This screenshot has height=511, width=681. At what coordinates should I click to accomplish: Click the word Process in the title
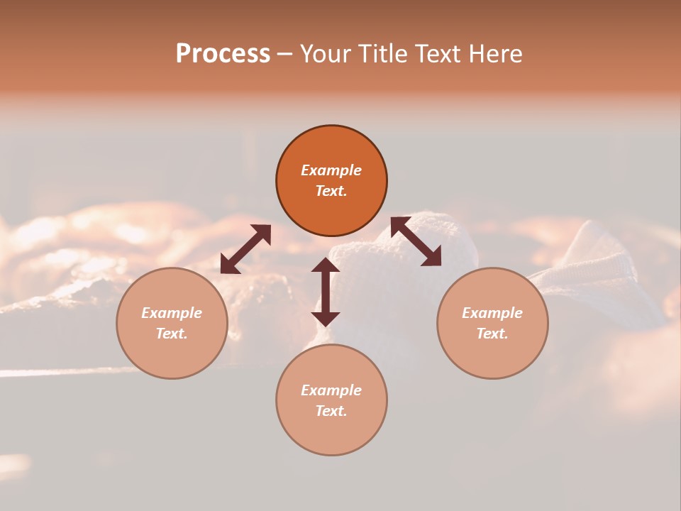(x=223, y=54)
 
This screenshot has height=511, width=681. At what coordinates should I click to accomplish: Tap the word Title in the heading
(x=386, y=54)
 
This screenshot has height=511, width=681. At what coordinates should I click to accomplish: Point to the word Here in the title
(x=494, y=54)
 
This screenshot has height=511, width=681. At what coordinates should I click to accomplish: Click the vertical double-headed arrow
(x=326, y=292)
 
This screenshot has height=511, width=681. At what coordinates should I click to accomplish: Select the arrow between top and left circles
(x=245, y=248)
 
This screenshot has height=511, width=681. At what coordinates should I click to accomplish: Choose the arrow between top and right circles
(x=416, y=241)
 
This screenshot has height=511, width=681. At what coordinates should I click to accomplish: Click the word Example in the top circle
(x=331, y=170)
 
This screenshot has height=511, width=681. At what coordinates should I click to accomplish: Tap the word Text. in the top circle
(x=331, y=191)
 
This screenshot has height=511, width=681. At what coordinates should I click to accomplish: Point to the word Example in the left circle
(x=172, y=313)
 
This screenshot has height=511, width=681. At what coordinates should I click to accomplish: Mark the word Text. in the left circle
(x=172, y=334)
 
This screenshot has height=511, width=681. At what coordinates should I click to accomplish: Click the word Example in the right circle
(x=492, y=313)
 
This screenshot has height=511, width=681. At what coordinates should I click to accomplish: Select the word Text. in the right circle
(x=492, y=334)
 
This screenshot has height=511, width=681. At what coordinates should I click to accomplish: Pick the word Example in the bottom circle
(x=331, y=390)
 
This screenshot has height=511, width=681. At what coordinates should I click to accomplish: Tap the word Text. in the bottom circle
(x=331, y=411)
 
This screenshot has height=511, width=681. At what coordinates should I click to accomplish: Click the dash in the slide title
(x=284, y=55)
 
